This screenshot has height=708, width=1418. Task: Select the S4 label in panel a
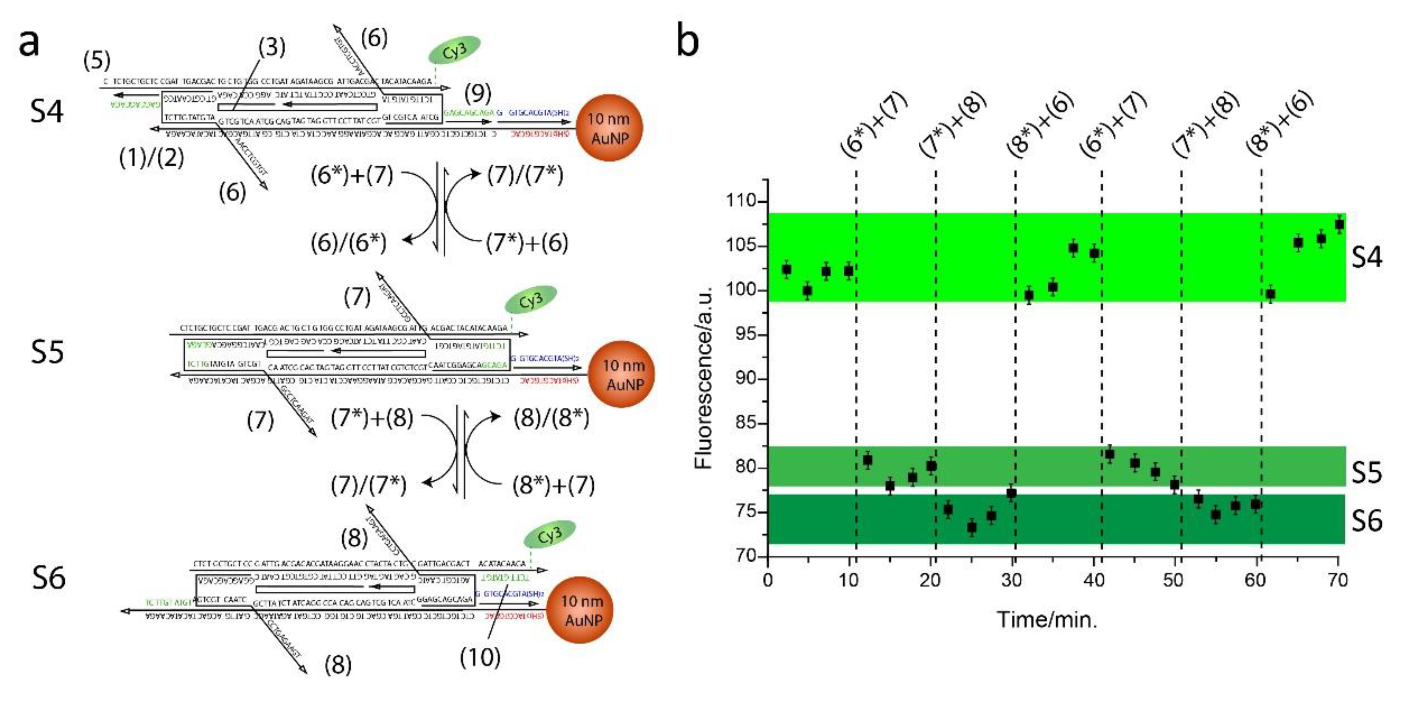(x=47, y=111)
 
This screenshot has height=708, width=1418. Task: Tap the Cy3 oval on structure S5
(x=531, y=300)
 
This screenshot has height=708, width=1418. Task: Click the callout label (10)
(x=480, y=657)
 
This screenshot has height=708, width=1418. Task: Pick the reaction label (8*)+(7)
(x=554, y=485)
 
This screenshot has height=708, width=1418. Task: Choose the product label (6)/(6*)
(x=349, y=243)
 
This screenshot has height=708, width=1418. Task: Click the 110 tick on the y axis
(x=742, y=201)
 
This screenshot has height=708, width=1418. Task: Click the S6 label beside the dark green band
(x=1367, y=521)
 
